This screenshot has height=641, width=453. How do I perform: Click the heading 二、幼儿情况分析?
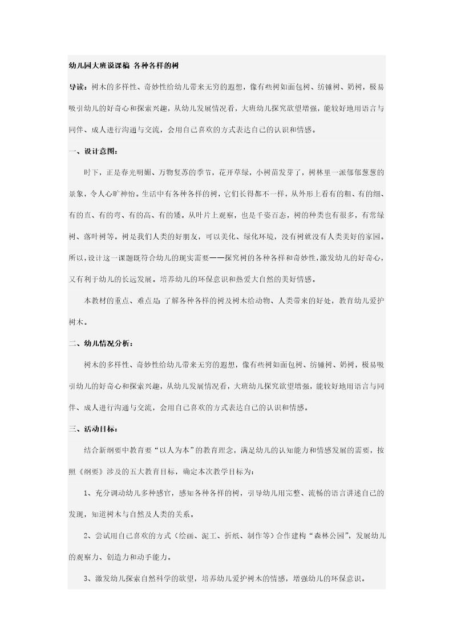pyautogui.click(x=99, y=344)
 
